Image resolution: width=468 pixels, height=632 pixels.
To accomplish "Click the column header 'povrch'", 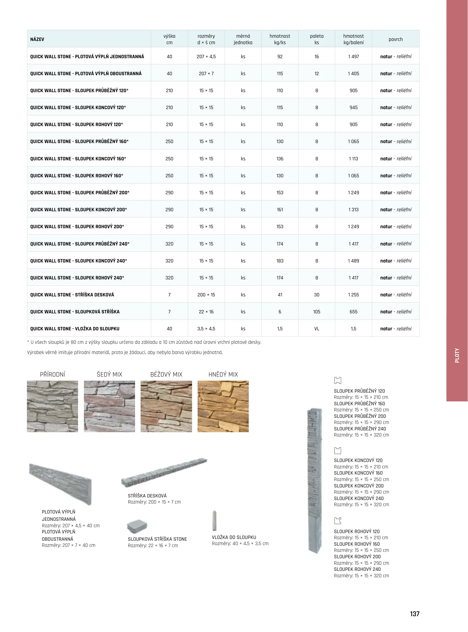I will (396, 39).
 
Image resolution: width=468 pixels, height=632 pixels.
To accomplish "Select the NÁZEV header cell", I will (37, 39).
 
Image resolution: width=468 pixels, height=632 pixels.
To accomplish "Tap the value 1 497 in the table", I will (353, 56).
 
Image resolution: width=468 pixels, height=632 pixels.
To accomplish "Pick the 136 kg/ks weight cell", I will (280, 159).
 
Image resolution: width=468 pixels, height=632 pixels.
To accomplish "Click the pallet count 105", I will (317, 312).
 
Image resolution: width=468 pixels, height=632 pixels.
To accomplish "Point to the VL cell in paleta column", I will (317, 329).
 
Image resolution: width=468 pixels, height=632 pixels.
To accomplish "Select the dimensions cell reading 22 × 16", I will (206, 312).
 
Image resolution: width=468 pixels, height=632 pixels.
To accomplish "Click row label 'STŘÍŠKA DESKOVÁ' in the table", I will (72, 295).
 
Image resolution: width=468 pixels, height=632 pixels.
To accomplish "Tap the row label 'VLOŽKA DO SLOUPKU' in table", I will (75, 329).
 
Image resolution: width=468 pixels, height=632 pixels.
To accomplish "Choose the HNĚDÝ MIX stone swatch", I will (223, 406).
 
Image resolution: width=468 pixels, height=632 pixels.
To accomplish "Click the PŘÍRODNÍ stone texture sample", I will (53, 406).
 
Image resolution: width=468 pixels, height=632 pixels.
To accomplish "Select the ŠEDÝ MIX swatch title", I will (109, 374).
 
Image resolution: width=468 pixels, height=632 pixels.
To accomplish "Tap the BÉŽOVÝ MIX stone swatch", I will (166, 406).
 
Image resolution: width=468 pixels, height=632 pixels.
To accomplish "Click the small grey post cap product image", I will (137, 526).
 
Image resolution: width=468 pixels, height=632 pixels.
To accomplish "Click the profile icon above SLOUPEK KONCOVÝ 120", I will (338, 450).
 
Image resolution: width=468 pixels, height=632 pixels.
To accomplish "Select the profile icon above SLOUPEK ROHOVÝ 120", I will (338, 521).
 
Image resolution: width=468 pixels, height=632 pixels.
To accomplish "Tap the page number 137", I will (415, 614).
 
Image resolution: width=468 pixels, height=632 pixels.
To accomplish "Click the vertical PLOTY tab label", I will (457, 355).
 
